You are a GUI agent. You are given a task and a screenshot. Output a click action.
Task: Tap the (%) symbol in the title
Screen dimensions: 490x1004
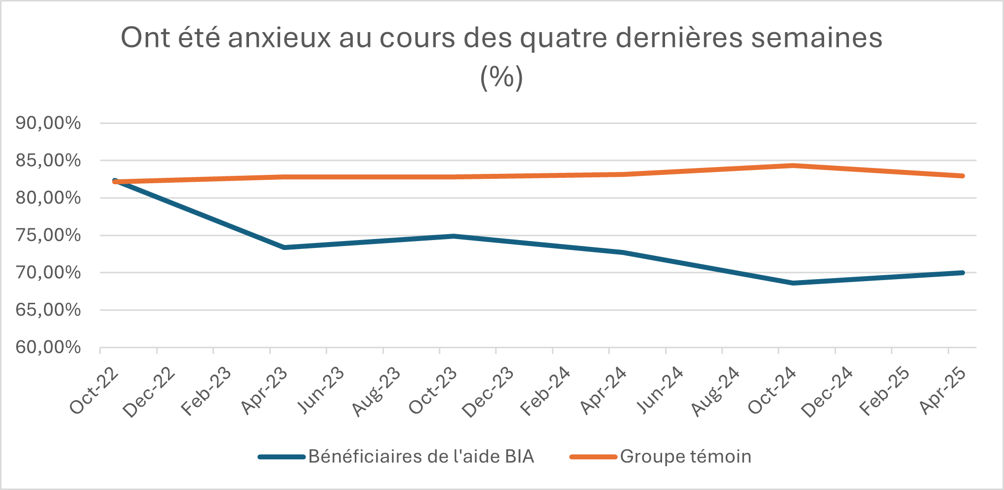(x=502, y=77)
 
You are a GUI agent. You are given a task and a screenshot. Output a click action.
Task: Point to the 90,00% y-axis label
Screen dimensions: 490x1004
(x=48, y=123)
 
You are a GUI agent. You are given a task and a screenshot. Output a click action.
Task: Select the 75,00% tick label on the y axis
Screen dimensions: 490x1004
(x=48, y=235)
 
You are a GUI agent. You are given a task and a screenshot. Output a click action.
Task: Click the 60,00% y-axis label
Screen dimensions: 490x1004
(x=48, y=347)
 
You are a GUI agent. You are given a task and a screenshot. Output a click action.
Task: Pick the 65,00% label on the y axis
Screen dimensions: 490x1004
(x=48, y=310)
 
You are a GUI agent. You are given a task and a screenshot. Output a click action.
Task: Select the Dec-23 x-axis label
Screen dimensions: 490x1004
(x=489, y=392)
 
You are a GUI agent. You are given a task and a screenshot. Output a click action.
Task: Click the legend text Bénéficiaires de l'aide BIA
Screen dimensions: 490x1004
(x=421, y=456)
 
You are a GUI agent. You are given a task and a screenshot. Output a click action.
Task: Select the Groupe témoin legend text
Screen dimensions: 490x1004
(x=685, y=456)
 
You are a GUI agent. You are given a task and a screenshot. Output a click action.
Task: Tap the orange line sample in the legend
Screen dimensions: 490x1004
(x=593, y=457)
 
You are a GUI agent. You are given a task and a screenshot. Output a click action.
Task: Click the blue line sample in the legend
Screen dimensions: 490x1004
(x=282, y=457)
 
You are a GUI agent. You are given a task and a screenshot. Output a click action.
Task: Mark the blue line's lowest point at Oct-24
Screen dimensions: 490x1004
(x=793, y=283)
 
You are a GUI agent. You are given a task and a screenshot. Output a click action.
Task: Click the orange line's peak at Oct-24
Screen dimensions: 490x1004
(x=793, y=165)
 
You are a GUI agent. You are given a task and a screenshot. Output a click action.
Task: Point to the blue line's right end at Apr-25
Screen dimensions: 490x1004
(x=962, y=273)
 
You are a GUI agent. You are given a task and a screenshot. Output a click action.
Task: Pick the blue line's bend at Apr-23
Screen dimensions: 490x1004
(x=284, y=247)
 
